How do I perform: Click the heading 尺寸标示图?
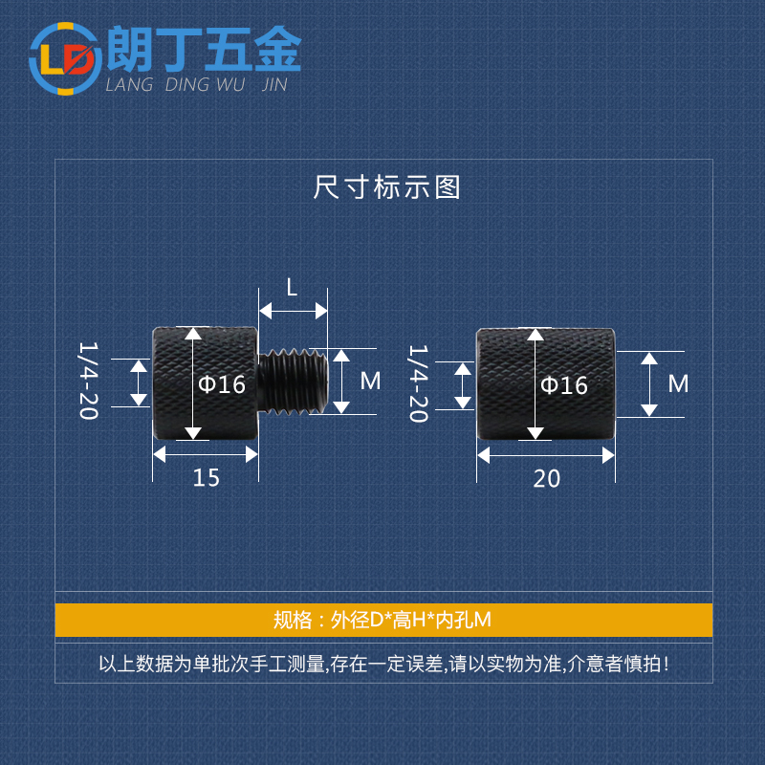387,186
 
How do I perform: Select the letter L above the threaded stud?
293,286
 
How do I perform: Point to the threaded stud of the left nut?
292,382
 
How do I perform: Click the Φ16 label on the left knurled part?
222,384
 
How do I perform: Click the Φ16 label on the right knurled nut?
563,385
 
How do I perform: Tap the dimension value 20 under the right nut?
547,478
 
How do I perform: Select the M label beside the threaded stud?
371,382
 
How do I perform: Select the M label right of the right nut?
678,383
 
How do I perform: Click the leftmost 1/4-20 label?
88,382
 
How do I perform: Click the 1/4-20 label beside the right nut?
419,383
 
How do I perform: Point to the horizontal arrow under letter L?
294,312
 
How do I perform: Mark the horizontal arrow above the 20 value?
547,456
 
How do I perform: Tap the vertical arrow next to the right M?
650,384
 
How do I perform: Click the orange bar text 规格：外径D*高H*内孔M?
382,620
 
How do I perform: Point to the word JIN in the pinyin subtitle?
273,85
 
